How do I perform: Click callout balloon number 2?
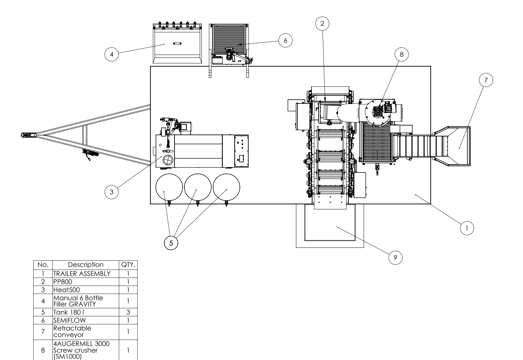pyautogui.click(x=322, y=24)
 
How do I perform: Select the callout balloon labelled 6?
pyautogui.click(x=285, y=40)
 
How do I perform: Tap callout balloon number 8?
pyautogui.click(x=402, y=54)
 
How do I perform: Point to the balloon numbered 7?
pyautogui.click(x=486, y=80)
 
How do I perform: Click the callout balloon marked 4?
pyautogui.click(x=112, y=54)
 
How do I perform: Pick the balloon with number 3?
pyautogui.click(x=112, y=192)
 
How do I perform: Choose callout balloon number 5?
pyautogui.click(x=171, y=243)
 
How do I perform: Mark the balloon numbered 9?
pyautogui.click(x=395, y=258)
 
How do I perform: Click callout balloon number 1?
pyautogui.click(x=467, y=228)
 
